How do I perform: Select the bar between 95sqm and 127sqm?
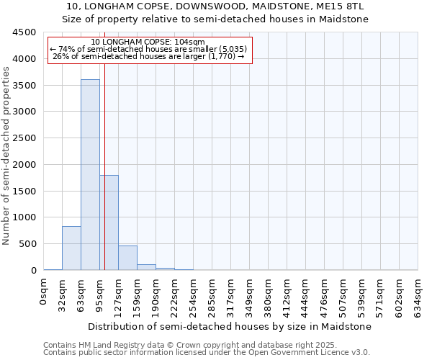tap(109, 222)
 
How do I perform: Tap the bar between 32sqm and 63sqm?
tap(71, 248)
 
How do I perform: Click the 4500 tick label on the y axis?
tap(24, 32)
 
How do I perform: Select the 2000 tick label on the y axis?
tap(24, 165)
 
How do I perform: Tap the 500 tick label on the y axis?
tap(27, 244)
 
